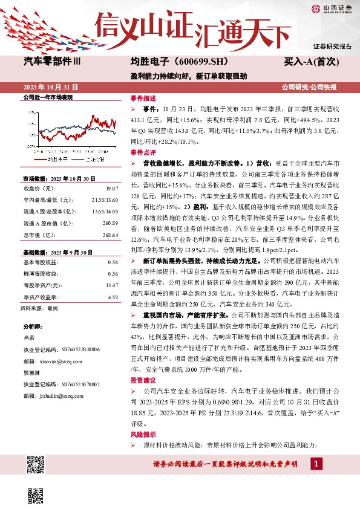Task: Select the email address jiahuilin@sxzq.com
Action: pos(59,397)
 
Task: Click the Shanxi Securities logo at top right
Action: pos(332,8)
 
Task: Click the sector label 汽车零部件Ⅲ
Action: pos(55,62)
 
